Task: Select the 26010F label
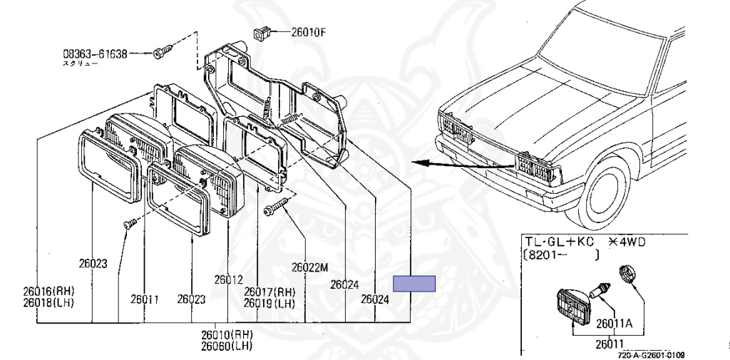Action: (x=308, y=31)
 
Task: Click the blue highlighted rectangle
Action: (x=415, y=283)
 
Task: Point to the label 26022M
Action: (x=309, y=268)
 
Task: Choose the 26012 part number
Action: (x=229, y=279)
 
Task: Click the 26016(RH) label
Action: (x=48, y=292)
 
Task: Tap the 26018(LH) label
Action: (x=48, y=303)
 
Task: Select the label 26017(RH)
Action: (x=269, y=292)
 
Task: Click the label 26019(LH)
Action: (x=269, y=303)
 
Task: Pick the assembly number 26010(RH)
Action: (x=226, y=334)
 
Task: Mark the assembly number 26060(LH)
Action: (x=226, y=346)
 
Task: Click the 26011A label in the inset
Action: (x=615, y=322)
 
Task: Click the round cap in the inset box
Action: (x=627, y=273)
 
